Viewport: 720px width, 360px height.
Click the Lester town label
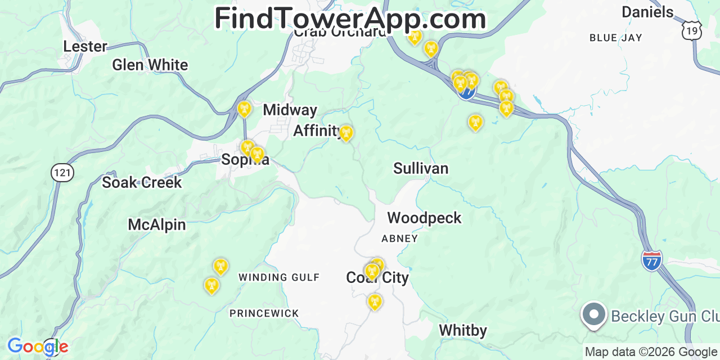[x=85, y=46]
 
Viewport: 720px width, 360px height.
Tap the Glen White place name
[x=150, y=65]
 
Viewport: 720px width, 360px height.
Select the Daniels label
[x=647, y=12]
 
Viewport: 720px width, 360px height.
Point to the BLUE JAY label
[x=616, y=38]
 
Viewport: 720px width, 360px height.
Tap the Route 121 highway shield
[x=62, y=172]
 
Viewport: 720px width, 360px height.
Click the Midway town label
[x=290, y=110]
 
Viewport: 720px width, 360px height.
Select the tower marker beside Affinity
[x=346, y=133]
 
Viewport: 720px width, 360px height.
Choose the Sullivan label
[x=421, y=168]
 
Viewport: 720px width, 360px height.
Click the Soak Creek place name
[x=142, y=182]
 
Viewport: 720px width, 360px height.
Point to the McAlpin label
[x=156, y=224]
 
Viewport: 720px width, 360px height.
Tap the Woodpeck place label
[x=424, y=218]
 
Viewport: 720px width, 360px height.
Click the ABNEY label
[x=399, y=238]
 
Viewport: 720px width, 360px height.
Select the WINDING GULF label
[x=279, y=277]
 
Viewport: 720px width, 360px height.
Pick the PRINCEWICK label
[x=264, y=313]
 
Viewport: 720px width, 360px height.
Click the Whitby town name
[x=462, y=330]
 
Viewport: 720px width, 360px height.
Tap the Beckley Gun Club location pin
[x=594, y=314]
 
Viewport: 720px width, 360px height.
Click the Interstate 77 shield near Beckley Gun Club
[x=651, y=260]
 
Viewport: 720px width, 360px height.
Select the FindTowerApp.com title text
[x=350, y=19]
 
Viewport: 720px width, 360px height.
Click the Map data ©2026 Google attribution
[x=651, y=352]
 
